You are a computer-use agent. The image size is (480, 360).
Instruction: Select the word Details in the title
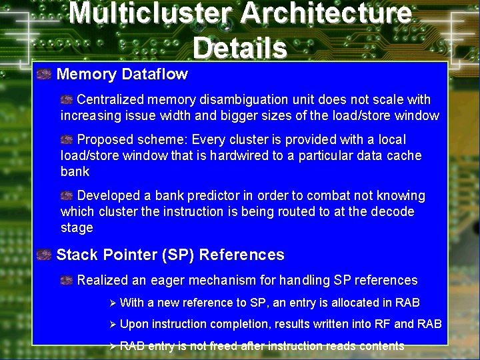240,47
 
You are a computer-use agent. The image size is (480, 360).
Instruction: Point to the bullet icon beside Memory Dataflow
44,74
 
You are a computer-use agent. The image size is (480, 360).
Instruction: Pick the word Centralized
111,100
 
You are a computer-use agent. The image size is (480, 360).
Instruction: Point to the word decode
393,212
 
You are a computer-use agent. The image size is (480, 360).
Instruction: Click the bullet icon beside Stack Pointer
44,255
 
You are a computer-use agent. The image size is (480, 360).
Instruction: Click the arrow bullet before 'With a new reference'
112,303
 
